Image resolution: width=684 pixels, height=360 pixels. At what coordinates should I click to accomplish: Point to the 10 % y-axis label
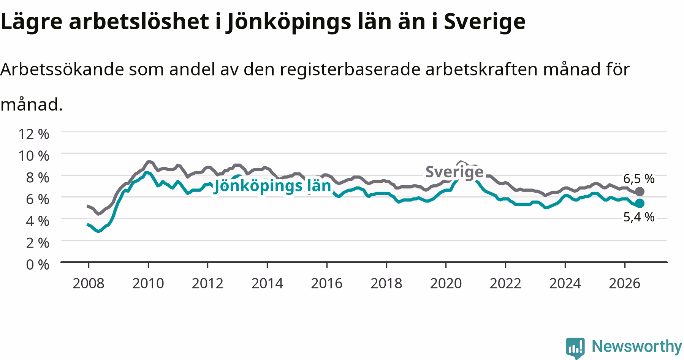coord(33,156)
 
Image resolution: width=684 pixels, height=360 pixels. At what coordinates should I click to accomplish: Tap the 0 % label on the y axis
coord(38,265)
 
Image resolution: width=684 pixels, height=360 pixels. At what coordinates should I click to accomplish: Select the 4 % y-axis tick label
coord(38,221)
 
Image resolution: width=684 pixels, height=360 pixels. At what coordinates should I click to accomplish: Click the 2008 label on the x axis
coord(88,283)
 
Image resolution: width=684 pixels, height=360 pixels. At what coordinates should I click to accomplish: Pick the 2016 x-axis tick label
coord(327,283)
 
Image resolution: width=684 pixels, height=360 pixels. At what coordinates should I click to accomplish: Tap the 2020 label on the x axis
coord(446,283)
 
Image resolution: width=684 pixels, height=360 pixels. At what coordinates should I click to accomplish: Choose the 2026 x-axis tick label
coord(625,283)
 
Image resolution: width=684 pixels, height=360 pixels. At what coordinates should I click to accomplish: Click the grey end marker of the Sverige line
coord(640,191)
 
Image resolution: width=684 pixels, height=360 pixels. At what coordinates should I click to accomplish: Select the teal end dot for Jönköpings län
coord(640,204)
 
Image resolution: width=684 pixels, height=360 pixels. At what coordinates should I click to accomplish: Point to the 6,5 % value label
coord(639,178)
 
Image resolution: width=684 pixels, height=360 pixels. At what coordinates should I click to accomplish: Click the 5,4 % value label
coord(639,217)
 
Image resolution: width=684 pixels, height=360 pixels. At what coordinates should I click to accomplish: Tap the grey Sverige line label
coord(454,172)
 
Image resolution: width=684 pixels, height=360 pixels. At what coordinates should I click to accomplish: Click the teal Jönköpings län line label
coord(273,186)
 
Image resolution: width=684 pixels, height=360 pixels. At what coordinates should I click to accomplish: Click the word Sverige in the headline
coord(485,22)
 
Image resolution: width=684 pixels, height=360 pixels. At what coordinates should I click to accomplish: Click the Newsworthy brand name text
coord(637,346)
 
